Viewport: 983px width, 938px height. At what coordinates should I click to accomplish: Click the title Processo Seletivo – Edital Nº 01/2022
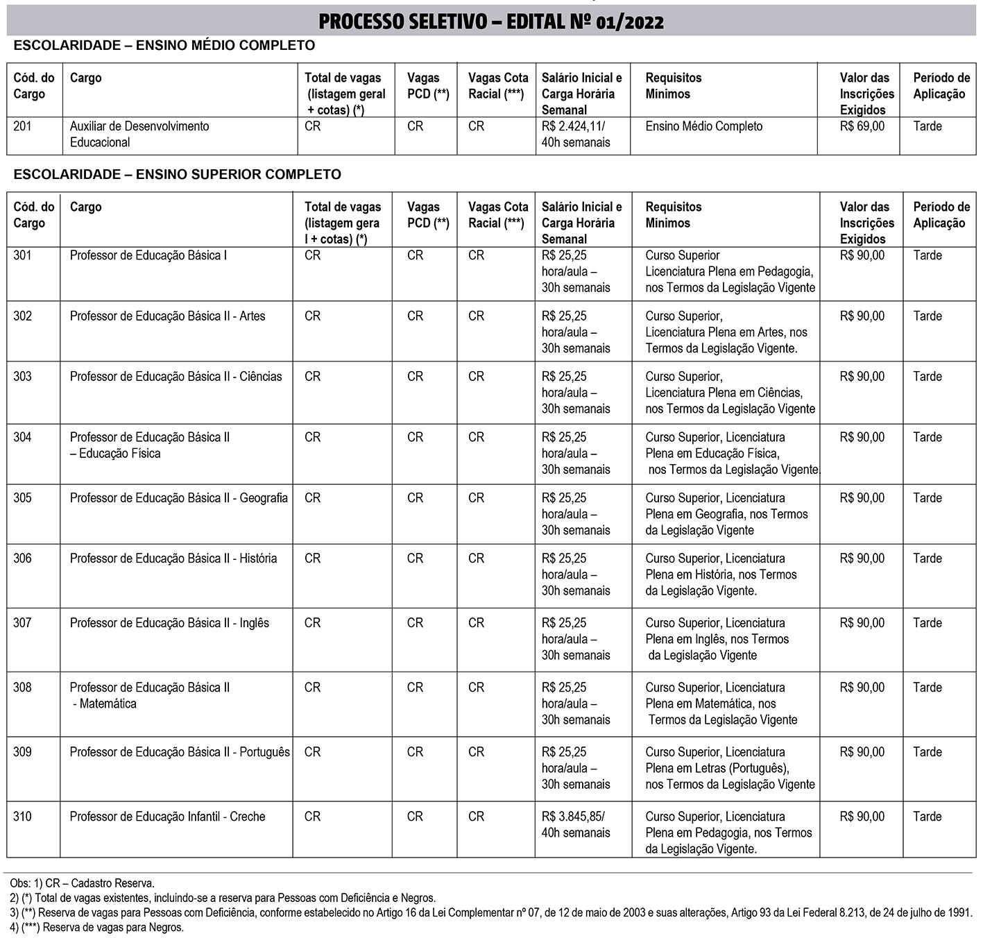[x=490, y=22]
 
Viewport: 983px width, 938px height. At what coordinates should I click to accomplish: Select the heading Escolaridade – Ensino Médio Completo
[x=164, y=46]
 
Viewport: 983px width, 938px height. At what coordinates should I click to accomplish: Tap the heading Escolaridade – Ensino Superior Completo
[x=177, y=175]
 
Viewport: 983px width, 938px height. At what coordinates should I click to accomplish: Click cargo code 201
[x=22, y=126]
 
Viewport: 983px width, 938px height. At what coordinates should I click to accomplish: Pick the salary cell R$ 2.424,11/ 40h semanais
[x=575, y=135]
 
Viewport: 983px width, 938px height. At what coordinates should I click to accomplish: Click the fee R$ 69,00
[x=862, y=126]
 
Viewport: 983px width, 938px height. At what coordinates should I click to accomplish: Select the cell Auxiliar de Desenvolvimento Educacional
[x=139, y=135]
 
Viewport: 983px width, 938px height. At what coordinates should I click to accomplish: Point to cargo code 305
[x=22, y=498]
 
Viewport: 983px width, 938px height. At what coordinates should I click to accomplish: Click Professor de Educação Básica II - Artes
[x=167, y=316]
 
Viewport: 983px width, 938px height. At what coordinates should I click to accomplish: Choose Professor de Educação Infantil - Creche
[x=167, y=817]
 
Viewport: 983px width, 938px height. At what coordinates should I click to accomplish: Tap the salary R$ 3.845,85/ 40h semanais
[x=575, y=825]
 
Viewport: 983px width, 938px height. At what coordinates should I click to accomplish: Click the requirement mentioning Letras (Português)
[x=730, y=768]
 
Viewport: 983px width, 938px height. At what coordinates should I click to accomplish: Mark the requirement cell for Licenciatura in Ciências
[x=730, y=393]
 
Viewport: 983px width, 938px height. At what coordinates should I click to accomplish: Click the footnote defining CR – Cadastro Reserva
[x=82, y=883]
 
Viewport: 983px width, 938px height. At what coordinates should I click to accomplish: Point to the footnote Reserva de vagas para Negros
[x=96, y=928]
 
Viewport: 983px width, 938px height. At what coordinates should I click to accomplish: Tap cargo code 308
[x=22, y=688]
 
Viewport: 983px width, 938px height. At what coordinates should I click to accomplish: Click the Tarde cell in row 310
[x=927, y=817]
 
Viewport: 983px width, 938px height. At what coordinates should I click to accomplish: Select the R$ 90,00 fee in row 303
[x=862, y=377]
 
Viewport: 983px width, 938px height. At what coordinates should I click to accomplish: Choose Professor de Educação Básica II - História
[x=173, y=558]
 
